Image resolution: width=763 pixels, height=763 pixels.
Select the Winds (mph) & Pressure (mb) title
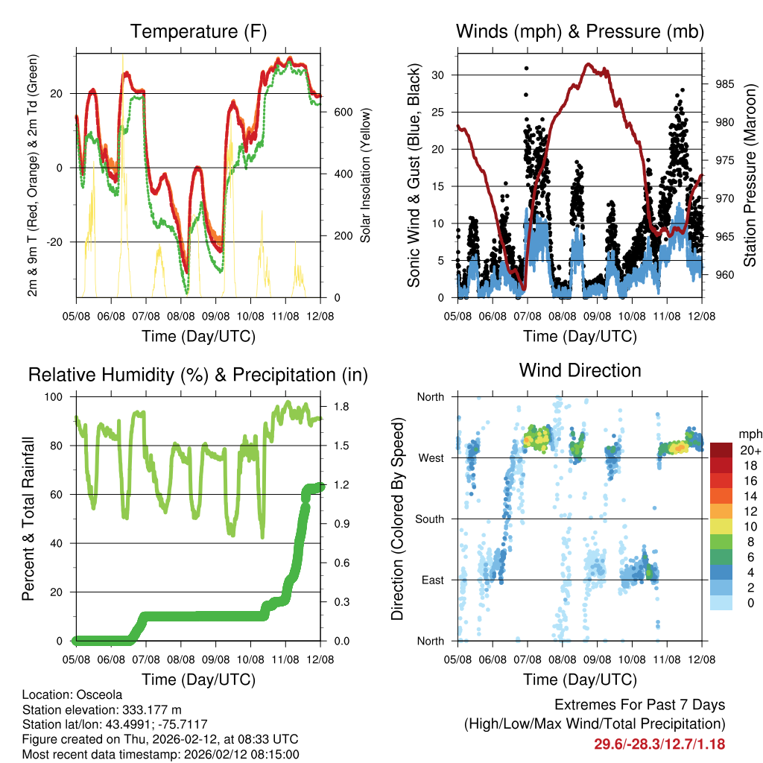[580, 31]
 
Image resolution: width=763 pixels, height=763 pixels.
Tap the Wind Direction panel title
[580, 370]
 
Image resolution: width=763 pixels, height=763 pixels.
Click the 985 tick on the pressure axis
[725, 83]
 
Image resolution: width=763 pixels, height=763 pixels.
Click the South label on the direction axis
[429, 519]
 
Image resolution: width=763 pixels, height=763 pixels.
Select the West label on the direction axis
[431, 458]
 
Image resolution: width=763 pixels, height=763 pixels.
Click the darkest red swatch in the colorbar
[721, 451]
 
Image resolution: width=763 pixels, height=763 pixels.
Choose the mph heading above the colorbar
[749, 434]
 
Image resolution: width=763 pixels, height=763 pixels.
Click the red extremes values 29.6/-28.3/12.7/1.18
[659, 744]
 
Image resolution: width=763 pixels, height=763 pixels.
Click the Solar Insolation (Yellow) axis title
[365, 175]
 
